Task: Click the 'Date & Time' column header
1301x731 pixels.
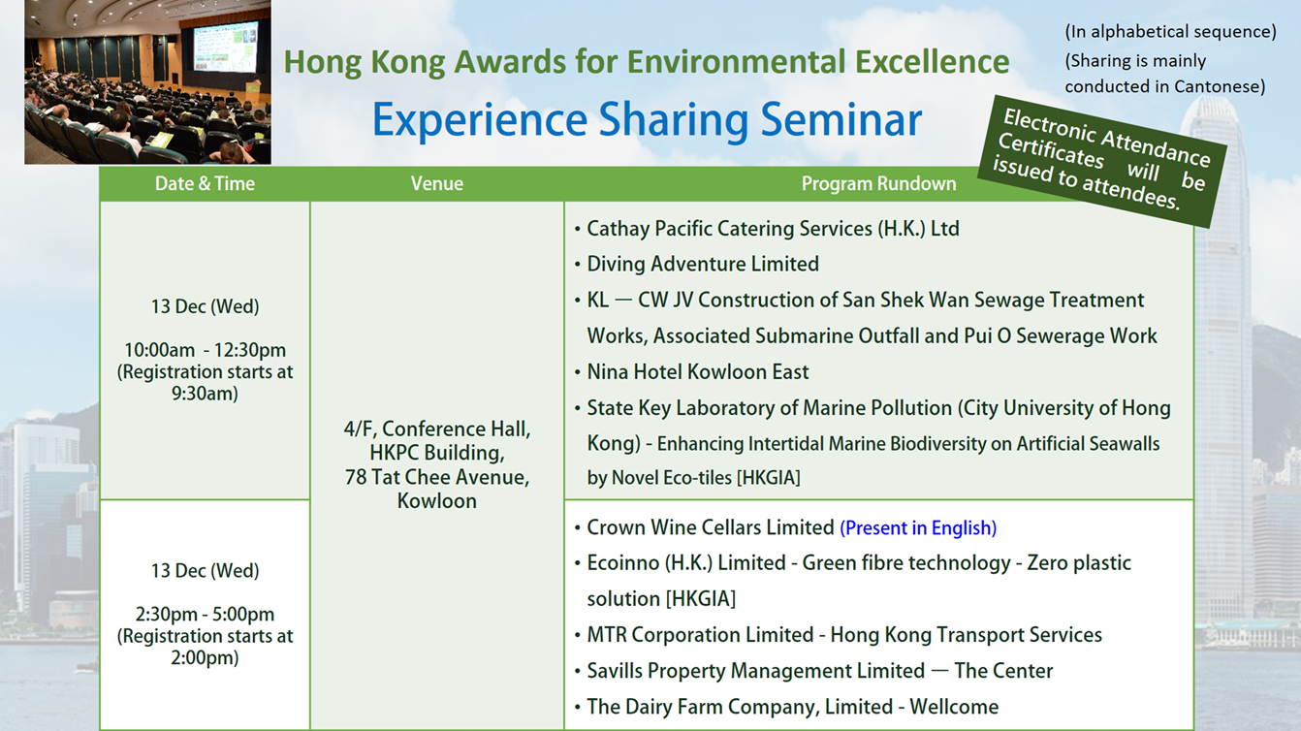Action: tap(205, 183)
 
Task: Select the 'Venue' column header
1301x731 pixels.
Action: tap(437, 183)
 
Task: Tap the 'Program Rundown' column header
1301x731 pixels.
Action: tap(878, 183)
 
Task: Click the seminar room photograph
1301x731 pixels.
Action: tap(147, 81)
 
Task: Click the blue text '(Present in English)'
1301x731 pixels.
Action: tap(918, 527)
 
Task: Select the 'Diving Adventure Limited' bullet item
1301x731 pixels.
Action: tap(703, 264)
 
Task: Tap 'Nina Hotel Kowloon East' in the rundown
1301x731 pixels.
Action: tap(698, 372)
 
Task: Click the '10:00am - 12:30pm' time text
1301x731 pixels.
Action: tap(205, 350)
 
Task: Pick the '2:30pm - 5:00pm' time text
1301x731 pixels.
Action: tap(205, 614)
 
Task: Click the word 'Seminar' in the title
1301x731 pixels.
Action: tap(841, 119)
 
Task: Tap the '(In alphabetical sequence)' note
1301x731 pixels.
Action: tap(1170, 32)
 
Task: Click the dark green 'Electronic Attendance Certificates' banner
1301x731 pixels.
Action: tap(1102, 161)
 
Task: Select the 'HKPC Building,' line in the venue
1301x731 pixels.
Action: tap(437, 453)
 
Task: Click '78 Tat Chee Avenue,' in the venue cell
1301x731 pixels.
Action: tap(437, 477)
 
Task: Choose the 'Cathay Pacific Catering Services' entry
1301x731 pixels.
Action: tap(773, 229)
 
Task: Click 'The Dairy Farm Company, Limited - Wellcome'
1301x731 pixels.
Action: tap(792, 707)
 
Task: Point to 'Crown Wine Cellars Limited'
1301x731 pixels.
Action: tap(710, 527)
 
